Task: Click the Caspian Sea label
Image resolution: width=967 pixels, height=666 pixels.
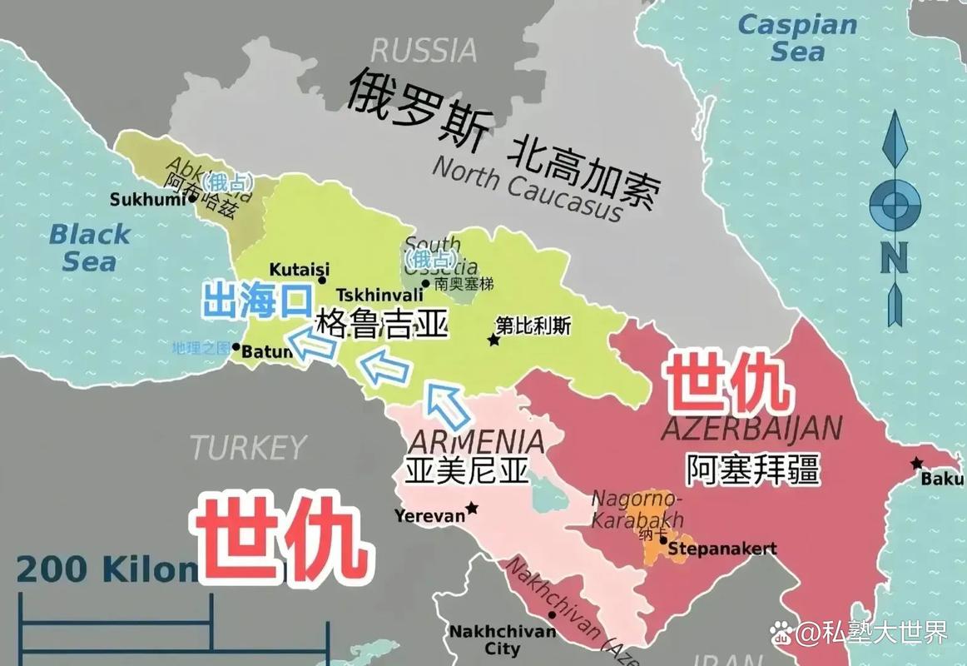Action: [797, 37]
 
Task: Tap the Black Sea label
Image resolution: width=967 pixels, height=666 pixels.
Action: [89, 247]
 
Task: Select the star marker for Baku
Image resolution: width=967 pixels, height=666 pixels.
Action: [917, 463]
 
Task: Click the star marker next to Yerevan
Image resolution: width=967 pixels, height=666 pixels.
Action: [473, 508]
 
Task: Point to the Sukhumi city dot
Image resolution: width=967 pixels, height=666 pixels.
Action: [193, 199]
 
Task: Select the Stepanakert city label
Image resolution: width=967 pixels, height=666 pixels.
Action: [722, 548]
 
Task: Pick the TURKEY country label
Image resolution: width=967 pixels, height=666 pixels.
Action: [248, 448]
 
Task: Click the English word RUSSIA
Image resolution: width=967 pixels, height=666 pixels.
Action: [424, 50]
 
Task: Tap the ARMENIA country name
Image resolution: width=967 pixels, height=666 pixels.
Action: [479, 441]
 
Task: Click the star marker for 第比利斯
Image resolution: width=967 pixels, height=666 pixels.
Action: [493, 340]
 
